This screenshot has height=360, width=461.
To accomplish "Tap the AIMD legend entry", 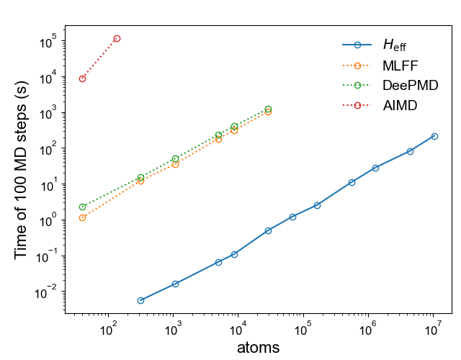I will [400, 105].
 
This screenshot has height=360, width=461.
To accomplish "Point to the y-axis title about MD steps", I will [22, 170].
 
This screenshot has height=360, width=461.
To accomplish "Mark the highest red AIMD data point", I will [117, 38].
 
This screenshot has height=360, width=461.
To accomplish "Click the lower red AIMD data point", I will [83, 78].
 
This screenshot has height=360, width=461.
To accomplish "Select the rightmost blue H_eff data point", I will [434, 136].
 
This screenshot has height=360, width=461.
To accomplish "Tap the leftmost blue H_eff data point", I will [140, 300].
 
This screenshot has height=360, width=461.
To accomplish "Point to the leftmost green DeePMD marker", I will [83, 207].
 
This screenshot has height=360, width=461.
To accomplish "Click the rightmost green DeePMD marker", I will [268, 109].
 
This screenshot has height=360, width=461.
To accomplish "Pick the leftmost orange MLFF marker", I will [83, 217].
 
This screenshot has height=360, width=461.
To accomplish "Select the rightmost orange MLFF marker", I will [268, 112].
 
